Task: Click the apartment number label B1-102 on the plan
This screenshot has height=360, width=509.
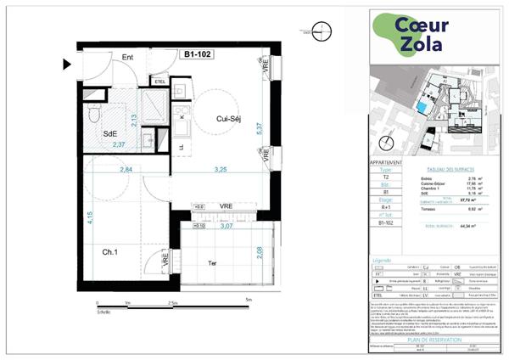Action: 198,53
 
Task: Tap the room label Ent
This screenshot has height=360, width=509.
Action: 129,58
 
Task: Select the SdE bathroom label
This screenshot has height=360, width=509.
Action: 110,133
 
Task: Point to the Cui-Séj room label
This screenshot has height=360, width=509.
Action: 230,119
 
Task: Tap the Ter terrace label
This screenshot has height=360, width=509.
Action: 214,263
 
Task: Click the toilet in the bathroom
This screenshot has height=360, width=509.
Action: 96,114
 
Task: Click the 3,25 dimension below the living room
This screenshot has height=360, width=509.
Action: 221,170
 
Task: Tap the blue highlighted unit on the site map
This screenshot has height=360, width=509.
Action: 422,106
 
